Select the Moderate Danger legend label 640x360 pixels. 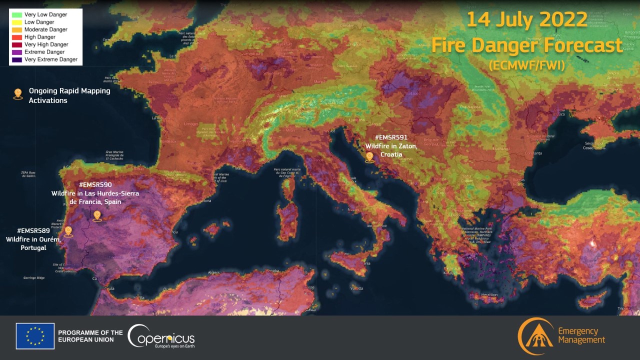(46, 29)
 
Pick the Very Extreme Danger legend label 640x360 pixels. (51, 59)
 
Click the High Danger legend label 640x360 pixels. (39, 37)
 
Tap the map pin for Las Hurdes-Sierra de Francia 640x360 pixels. (97, 216)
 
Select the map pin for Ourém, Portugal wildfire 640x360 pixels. (68, 231)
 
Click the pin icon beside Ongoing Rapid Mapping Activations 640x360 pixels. (18, 93)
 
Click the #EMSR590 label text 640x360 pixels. (95, 184)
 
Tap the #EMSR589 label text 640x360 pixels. (33, 231)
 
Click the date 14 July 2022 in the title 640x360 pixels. (527, 20)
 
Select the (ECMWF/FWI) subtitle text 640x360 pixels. (527, 64)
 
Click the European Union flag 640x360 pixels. (35, 336)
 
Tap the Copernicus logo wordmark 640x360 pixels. (161, 337)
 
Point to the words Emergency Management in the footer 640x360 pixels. (580, 335)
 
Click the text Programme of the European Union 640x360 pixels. (90, 336)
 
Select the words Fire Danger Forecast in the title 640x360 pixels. (527, 45)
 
